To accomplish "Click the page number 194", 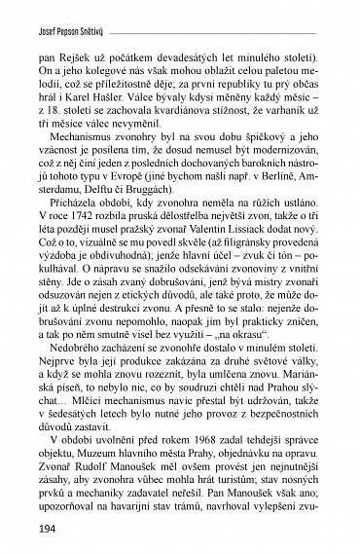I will pos(44,533).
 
